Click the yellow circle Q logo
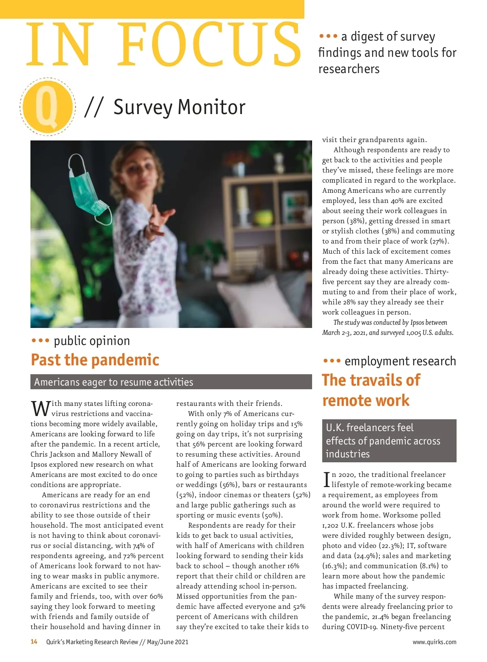click(47, 107)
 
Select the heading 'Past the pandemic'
click(95, 360)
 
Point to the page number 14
click(34, 642)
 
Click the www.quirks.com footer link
click(434, 642)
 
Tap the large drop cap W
click(41, 408)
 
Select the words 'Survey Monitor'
click(179, 107)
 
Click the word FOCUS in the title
click(211, 45)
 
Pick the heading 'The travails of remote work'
click(371, 390)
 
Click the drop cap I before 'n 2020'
click(326, 479)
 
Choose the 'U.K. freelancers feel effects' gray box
click(389, 441)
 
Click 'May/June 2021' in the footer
click(168, 642)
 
